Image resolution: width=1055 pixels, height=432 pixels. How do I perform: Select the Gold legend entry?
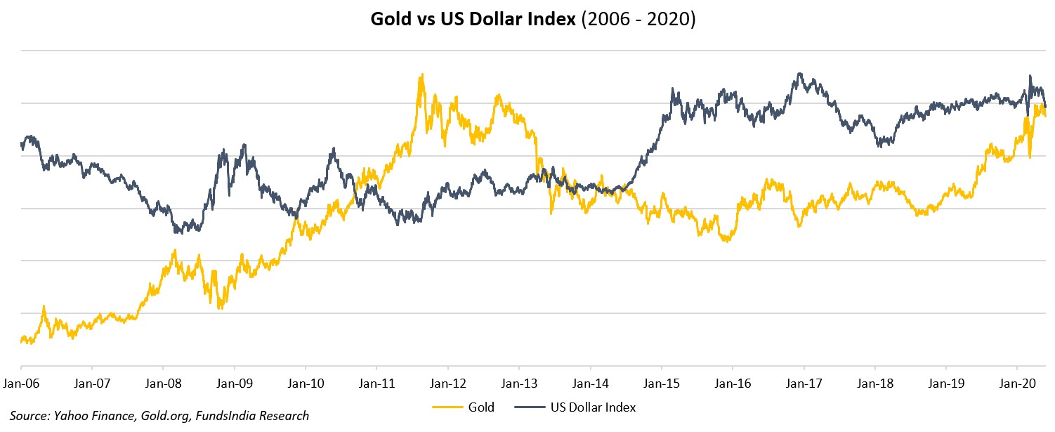click(x=480, y=407)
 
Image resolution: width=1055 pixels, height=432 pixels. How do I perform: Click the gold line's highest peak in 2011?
click(x=421, y=74)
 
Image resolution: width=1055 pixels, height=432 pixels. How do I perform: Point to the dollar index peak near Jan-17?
click(x=799, y=73)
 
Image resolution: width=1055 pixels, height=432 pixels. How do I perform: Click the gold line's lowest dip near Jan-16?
click(x=728, y=241)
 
